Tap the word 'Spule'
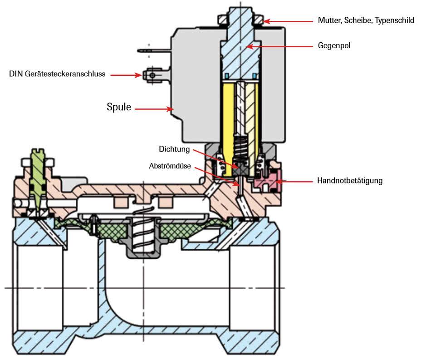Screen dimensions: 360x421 coord(119,108)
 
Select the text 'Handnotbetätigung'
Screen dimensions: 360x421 coord(350,181)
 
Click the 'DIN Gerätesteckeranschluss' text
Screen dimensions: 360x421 coord(57,74)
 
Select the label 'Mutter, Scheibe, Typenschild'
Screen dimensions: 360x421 coord(366,21)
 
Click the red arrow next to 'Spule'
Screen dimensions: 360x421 coord(154,108)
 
